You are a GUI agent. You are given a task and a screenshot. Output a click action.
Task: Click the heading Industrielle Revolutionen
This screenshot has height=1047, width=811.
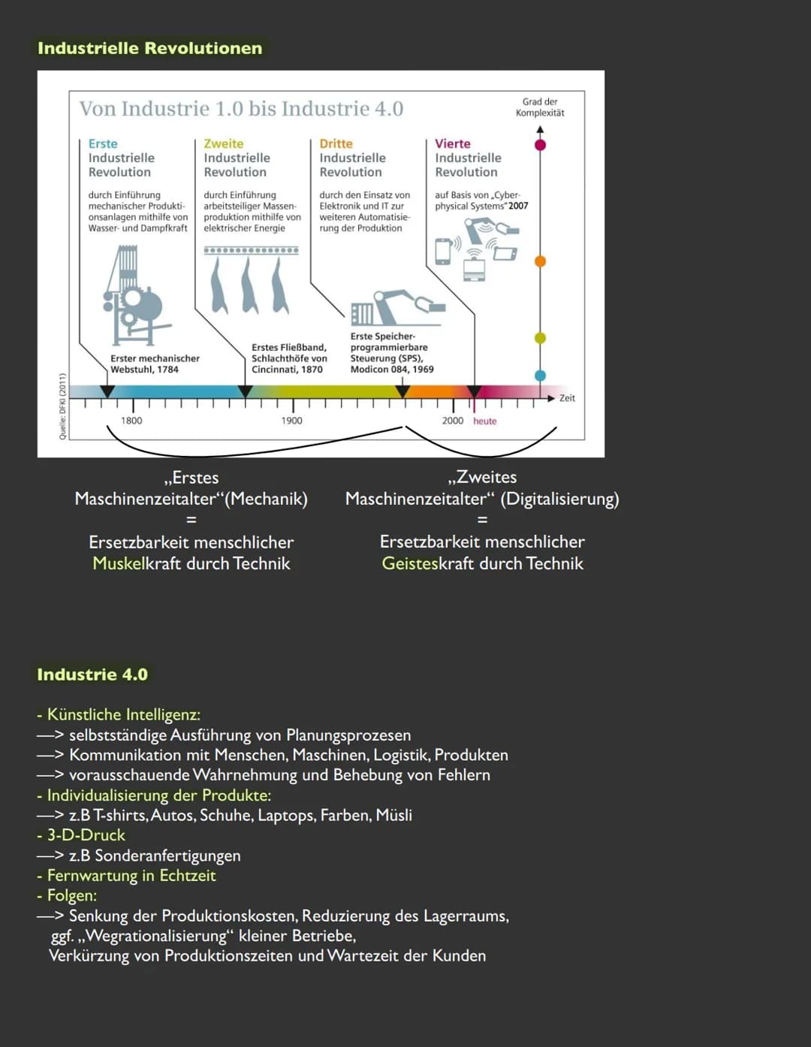coord(149,48)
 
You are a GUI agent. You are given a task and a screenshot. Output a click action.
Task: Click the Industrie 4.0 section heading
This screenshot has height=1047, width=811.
coord(92,674)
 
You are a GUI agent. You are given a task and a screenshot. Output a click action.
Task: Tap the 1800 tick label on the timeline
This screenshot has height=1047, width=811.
coord(131,421)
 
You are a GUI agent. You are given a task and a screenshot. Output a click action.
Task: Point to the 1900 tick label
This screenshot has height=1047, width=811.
coord(291,421)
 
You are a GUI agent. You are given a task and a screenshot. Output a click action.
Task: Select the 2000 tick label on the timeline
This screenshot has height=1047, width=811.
coord(452,421)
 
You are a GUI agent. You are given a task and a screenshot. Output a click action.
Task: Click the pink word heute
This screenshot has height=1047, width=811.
coord(485,421)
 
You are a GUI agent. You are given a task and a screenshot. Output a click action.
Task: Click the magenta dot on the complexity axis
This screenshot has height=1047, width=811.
coord(540,144)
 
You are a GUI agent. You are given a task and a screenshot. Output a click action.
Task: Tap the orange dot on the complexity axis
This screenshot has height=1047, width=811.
coord(540,261)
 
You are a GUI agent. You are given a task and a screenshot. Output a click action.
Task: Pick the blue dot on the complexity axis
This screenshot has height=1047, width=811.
coord(540,375)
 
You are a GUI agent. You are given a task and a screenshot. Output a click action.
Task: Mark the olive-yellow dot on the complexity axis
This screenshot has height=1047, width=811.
coord(540,338)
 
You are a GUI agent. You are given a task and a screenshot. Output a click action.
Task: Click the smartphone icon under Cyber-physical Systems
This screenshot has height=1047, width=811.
coord(443,251)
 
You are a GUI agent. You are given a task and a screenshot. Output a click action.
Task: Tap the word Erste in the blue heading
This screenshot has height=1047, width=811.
coord(103,143)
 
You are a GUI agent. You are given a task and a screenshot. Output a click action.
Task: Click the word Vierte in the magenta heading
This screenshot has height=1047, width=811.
coord(453,143)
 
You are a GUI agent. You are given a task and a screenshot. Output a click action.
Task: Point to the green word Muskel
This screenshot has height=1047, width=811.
coord(118,563)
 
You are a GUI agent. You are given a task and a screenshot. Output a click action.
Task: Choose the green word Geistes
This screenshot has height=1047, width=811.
coord(409,563)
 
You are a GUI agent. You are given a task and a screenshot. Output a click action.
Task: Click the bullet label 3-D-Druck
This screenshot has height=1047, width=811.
coord(86,835)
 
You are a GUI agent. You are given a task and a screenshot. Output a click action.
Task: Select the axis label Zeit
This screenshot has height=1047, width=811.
coord(567,398)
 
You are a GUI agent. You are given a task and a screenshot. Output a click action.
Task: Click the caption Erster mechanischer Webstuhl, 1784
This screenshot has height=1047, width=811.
coord(155,364)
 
